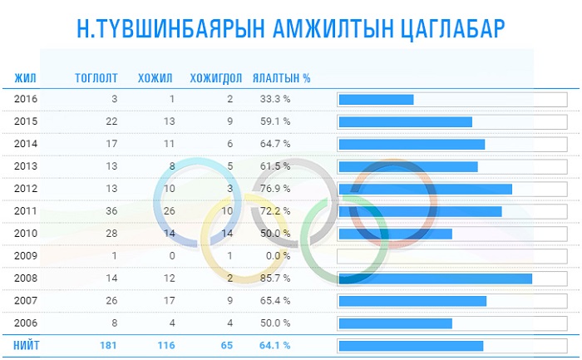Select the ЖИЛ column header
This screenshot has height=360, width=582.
pyautogui.click(x=25, y=79)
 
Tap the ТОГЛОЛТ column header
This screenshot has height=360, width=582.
pyautogui.click(x=96, y=79)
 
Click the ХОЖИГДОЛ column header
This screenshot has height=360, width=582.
pyautogui.click(x=216, y=79)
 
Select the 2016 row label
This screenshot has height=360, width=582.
pyautogui.click(x=27, y=99)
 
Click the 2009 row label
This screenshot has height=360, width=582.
pyautogui.click(x=27, y=256)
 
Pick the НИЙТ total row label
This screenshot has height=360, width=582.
pyautogui.click(x=27, y=345)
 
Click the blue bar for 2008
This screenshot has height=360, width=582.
pyautogui.click(x=435, y=279)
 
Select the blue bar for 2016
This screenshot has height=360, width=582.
pyautogui.click(x=376, y=100)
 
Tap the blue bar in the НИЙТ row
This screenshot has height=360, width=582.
pyautogui.click(x=411, y=346)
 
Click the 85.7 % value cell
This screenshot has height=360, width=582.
pyautogui.click(x=274, y=279)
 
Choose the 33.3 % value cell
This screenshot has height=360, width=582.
pyautogui.click(x=274, y=99)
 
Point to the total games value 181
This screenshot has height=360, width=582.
pyautogui.click(x=109, y=345)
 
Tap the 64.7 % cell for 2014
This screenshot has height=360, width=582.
pyautogui.click(x=274, y=144)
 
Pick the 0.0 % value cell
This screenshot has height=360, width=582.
pyautogui.click(x=278, y=256)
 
